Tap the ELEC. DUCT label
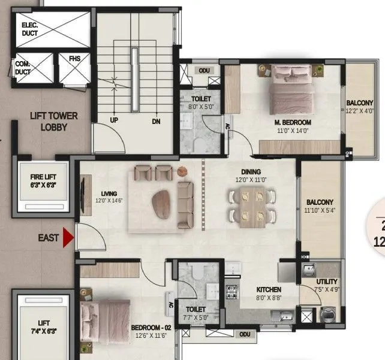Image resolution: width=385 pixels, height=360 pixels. pyautogui.click(x=29, y=29)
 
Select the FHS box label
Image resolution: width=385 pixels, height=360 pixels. pyautogui.click(x=73, y=59)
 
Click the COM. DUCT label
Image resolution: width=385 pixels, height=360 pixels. pyautogui.click(x=23, y=67)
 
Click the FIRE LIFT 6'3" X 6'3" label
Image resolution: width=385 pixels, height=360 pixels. pyautogui.click(x=43, y=180)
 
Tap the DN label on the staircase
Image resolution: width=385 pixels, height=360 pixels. pyautogui.click(x=156, y=120)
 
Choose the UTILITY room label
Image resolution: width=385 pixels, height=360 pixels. pyautogui.click(x=327, y=285)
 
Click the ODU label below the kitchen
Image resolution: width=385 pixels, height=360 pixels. pyautogui.click(x=243, y=334)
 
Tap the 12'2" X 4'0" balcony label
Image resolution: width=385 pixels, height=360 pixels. pyautogui.click(x=359, y=107)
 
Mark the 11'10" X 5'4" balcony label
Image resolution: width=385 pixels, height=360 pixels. pyautogui.click(x=320, y=207)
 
